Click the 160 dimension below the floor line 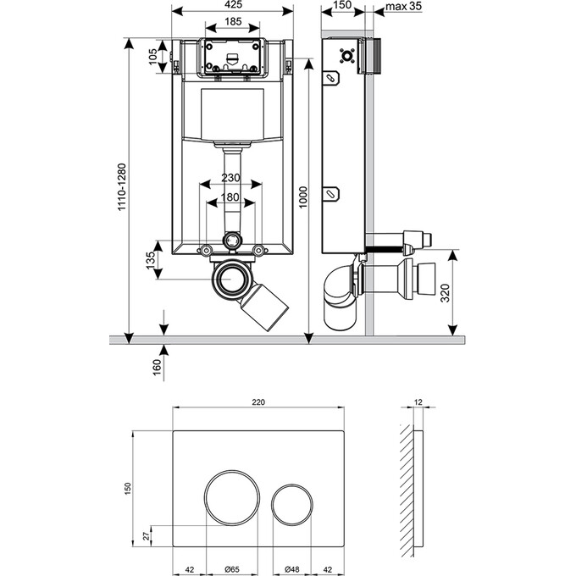[156, 367]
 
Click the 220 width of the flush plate [259, 402]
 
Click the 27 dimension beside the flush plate [145, 535]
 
